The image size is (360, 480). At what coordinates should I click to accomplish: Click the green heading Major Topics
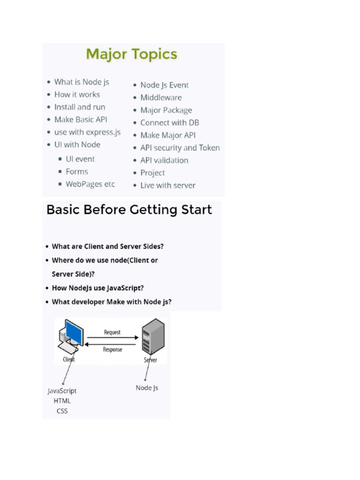point(132,54)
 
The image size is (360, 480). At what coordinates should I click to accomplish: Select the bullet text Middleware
point(161,97)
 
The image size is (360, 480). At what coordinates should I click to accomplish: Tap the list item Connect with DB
point(170,123)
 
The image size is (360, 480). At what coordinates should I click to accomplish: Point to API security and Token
point(180,148)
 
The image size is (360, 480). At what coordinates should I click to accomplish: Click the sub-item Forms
point(77,172)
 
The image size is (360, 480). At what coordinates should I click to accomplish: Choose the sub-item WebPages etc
point(90,184)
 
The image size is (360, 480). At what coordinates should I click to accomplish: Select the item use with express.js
point(88,132)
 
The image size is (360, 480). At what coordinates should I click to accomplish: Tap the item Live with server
point(168,186)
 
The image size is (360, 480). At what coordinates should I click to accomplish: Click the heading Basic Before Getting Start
point(129,210)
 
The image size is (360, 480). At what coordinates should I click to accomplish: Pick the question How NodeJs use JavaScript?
point(97,288)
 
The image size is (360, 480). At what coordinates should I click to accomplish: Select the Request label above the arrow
point(112,332)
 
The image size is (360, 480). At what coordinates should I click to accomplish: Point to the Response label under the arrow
point(112,350)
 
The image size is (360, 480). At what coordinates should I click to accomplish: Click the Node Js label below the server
point(147,388)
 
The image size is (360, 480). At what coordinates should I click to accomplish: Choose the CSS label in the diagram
point(62,411)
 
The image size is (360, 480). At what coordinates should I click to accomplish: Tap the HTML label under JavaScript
point(62,401)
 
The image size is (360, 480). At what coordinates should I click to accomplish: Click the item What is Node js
point(82,82)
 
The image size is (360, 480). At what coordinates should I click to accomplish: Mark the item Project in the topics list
point(152,173)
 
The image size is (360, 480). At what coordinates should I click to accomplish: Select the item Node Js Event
point(165,85)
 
